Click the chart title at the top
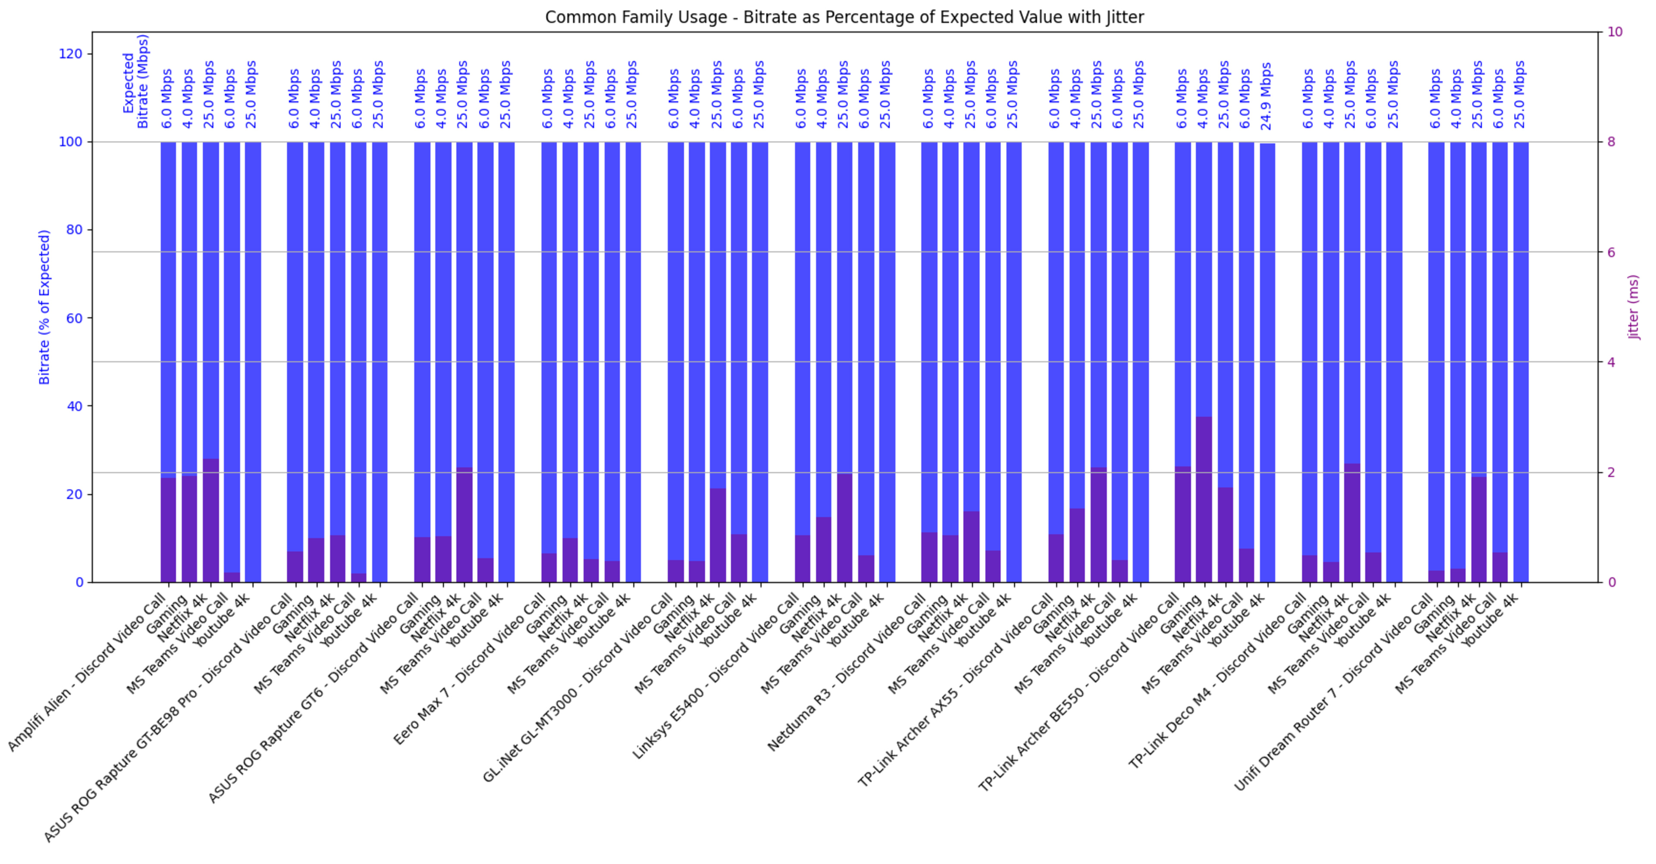pos(844,17)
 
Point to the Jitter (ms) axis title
pos(1634,307)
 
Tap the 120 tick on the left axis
pos(71,54)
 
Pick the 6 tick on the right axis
pos(1611,252)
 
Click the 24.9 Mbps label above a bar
pos(1267,95)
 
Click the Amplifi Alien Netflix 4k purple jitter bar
pos(210,520)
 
